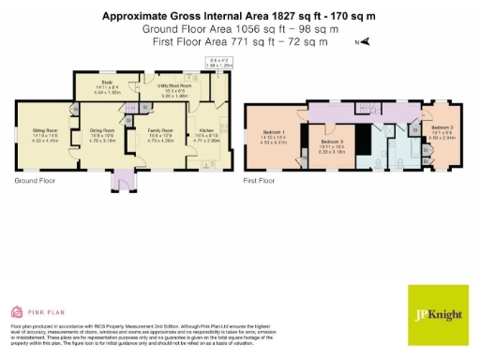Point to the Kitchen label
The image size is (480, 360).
pyautogui.click(x=208, y=133)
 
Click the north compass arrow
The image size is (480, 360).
pyautogui.click(x=367, y=41)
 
